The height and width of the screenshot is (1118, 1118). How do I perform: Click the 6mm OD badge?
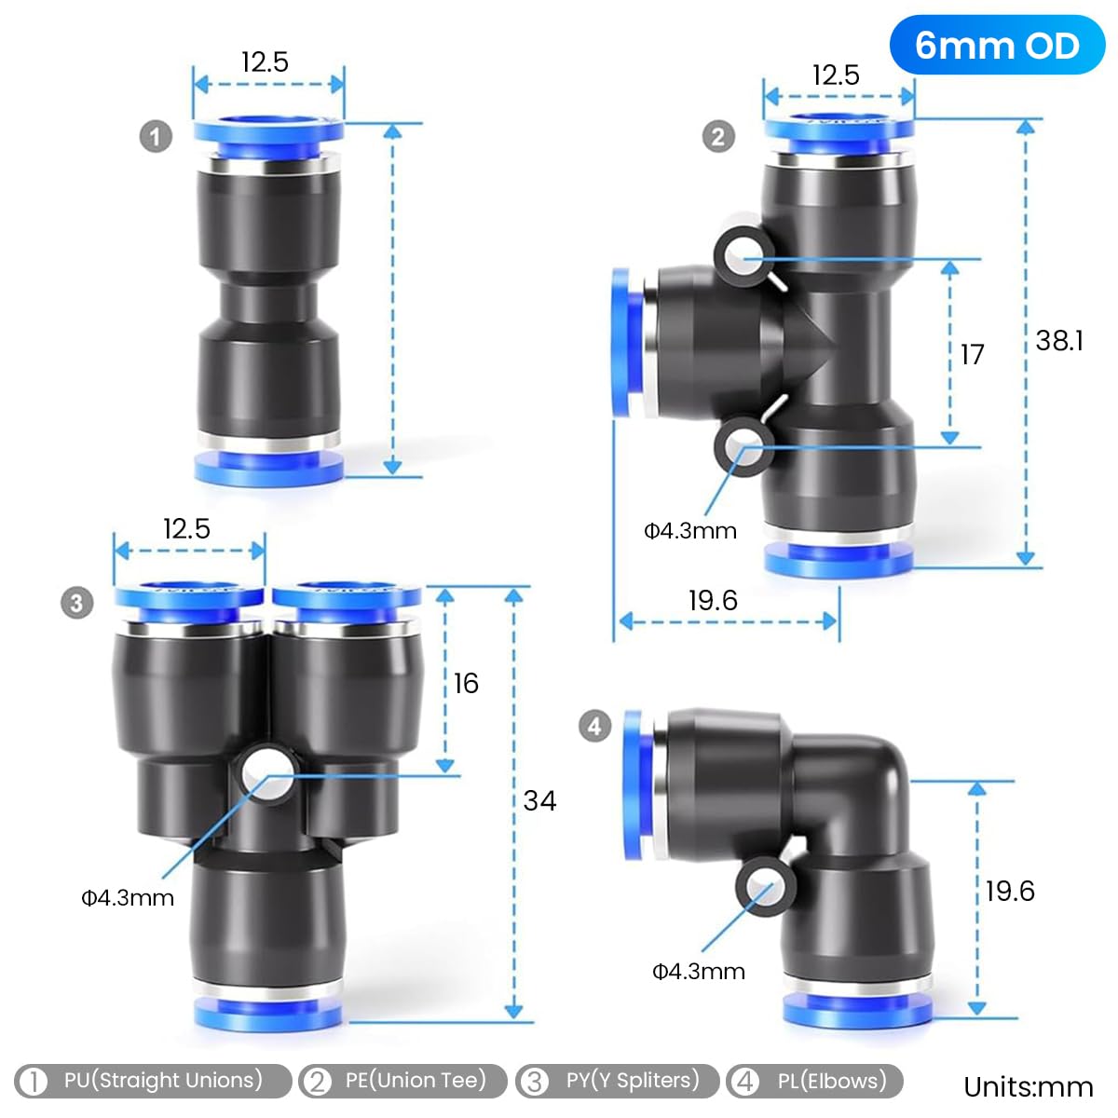[x=996, y=46]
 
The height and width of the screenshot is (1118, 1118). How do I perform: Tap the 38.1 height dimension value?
[x=1059, y=341]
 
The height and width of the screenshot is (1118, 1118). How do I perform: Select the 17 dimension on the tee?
[x=972, y=355]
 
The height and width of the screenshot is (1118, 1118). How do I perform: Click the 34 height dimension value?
[x=539, y=800]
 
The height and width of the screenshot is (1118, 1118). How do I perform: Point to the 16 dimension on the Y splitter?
[x=466, y=684]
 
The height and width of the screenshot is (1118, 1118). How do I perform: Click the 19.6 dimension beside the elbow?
[x=1010, y=892]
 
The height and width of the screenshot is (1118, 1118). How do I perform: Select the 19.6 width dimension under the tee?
[x=713, y=601]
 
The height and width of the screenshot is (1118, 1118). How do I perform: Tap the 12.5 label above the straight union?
[x=265, y=62]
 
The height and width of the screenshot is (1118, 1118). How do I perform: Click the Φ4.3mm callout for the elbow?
[x=698, y=972]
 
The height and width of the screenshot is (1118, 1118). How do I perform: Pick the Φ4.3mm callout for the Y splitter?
[x=128, y=898]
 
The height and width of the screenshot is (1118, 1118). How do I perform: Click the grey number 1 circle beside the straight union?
[x=156, y=137]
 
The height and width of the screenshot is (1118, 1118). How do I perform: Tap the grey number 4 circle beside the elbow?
[x=595, y=726]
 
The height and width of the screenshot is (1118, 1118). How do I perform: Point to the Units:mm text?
[x=1028, y=1087]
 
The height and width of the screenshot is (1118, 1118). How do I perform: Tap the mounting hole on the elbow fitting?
[x=764, y=888]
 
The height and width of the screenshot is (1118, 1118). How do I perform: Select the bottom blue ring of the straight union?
[x=268, y=467]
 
